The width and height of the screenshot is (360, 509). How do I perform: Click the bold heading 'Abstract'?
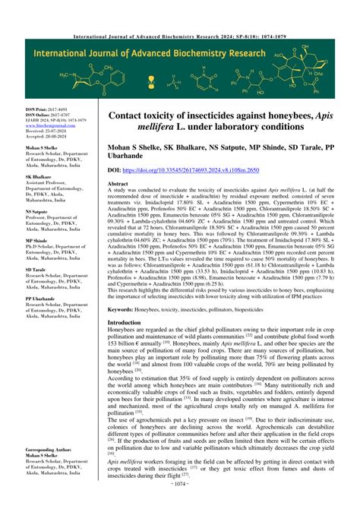tap(119, 185)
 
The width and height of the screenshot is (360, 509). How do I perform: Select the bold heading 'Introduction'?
tap(125, 323)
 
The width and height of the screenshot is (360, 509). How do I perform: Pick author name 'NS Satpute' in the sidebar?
tap(37, 212)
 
